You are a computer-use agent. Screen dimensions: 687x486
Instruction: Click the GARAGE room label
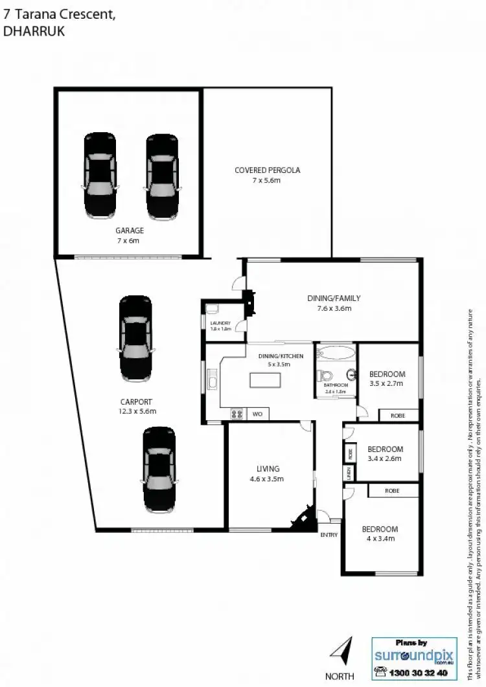pos(130,231)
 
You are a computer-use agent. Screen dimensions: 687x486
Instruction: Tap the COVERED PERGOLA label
pos(268,171)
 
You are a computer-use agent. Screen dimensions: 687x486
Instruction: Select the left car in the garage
pos(100,176)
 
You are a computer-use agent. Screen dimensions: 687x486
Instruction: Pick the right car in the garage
pos(162,176)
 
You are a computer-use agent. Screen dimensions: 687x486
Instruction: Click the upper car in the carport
pos(135,339)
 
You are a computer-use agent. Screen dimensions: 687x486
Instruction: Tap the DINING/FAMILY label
pos(334,298)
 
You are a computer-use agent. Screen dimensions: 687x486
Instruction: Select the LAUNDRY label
pos(220,322)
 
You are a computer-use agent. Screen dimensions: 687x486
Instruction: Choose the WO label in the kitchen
pos(257,413)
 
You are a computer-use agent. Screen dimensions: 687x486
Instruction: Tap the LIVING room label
pos(268,469)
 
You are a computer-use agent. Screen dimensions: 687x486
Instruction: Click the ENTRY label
pos(329,535)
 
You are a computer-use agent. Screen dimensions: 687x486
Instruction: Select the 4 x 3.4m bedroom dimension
pos(379,537)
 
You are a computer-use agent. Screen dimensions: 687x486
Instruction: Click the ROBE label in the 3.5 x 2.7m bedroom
pos(397,416)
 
